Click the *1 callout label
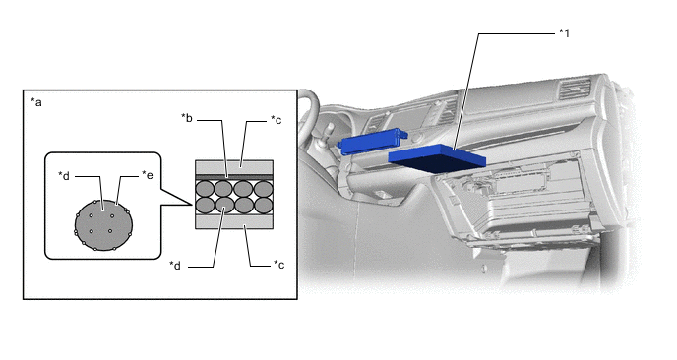coord(564,33)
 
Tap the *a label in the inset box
coord(36,102)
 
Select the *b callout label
coord(187,118)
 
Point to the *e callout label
coord(148,175)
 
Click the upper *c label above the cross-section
coord(276,120)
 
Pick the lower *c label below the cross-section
coord(278,265)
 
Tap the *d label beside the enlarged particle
coord(64,175)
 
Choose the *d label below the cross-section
coord(175,265)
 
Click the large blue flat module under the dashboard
coord(437,158)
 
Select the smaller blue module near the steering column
coord(372,141)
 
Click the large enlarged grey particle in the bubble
coord(103,225)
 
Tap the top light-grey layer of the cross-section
coord(234,167)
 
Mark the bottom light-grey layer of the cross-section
coord(234,222)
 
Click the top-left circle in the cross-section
coord(205,189)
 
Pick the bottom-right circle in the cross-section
coord(264,206)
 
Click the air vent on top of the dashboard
coord(575,90)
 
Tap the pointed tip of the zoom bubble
coord(192,205)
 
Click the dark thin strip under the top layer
coord(234,177)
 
